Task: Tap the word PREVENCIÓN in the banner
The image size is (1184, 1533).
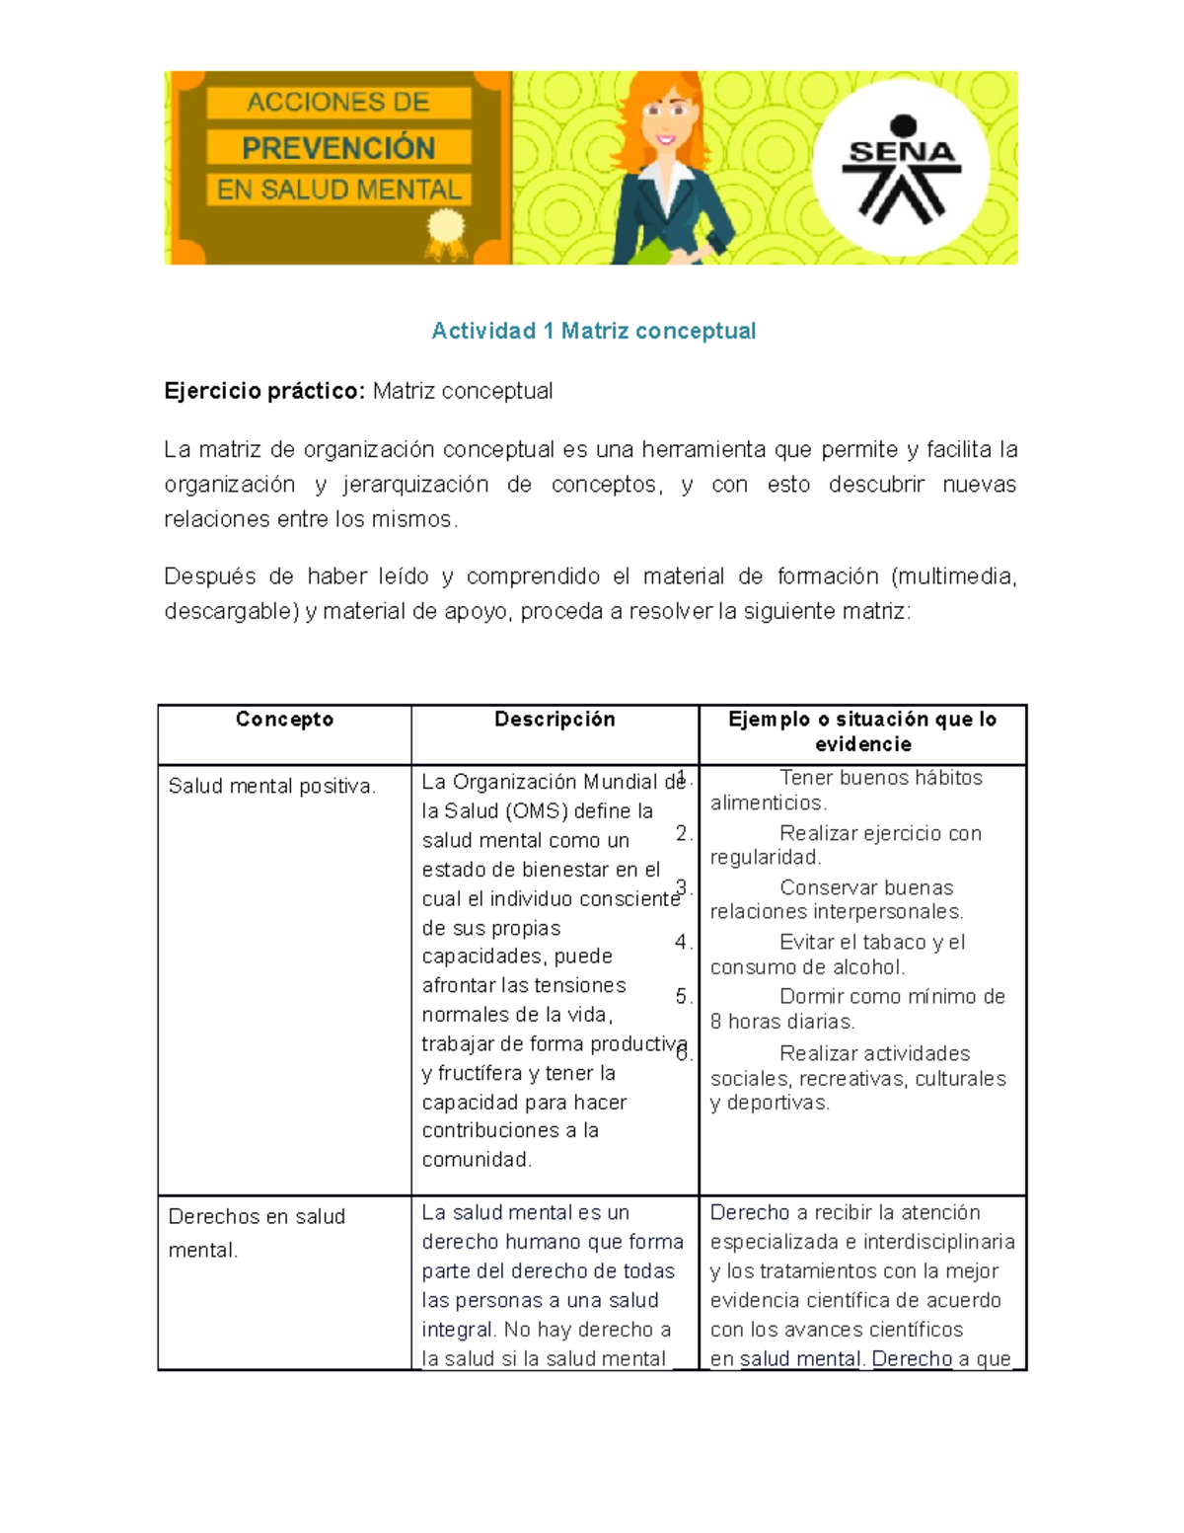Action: click(x=338, y=148)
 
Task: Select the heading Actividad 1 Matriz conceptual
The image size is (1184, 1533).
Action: click(x=593, y=331)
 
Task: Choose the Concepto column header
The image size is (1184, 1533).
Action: click(x=284, y=720)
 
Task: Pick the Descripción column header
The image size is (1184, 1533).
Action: click(x=555, y=720)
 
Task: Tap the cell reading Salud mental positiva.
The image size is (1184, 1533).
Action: click(x=272, y=787)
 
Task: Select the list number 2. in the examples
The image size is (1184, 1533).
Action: click(x=684, y=833)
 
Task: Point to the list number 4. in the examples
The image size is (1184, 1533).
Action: click(x=684, y=942)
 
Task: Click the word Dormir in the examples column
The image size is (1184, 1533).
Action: click(x=810, y=996)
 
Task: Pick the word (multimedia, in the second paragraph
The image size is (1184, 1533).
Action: click(x=953, y=576)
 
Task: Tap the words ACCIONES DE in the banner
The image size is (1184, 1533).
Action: click(x=338, y=103)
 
